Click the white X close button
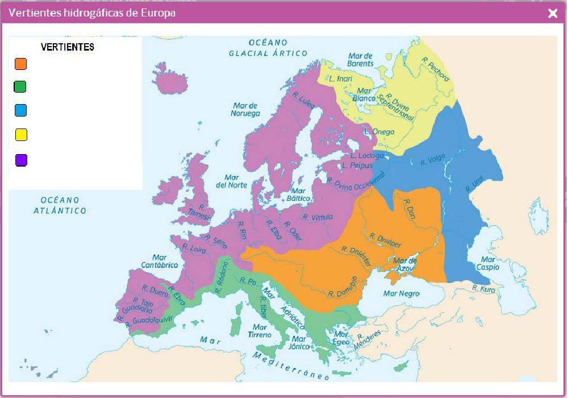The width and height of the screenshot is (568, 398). point(552,14)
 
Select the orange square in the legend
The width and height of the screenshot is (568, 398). point(21,63)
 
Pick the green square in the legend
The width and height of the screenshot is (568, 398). point(20,86)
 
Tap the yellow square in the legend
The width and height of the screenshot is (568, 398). point(21,135)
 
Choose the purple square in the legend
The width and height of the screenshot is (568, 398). point(21,160)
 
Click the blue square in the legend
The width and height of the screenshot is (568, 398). point(21,110)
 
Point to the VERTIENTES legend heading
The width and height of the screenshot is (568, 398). point(68,47)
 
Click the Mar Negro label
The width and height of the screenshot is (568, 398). point(402,294)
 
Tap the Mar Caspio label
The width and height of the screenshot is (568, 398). point(488,263)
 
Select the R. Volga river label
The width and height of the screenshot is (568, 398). point(433,161)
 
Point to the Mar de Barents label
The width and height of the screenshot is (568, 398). point(361,60)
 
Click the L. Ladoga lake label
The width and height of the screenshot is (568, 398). point(367,155)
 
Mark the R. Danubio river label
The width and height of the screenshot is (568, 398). point(343,287)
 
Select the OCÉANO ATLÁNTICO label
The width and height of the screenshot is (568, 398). point(64,205)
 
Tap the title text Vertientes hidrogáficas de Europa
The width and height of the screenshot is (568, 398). point(92,13)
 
